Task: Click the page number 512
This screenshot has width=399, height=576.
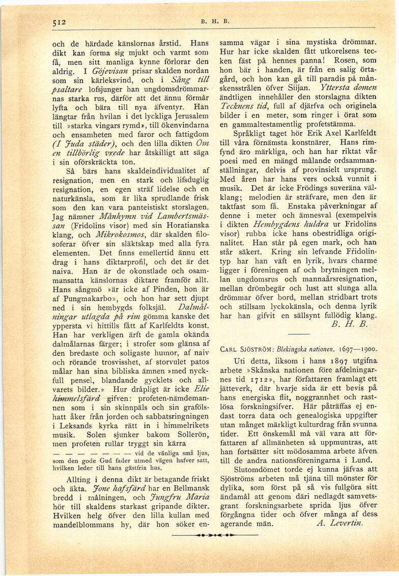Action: click(x=60, y=22)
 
